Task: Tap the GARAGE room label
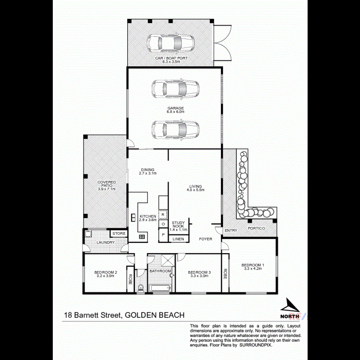(x=175, y=108)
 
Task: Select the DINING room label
(x=147, y=170)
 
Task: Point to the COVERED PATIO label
(x=107, y=182)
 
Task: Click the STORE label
(x=119, y=234)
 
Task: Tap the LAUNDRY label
(x=106, y=242)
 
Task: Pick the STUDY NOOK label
(x=178, y=224)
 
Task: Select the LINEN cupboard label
(x=178, y=239)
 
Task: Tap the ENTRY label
(x=231, y=230)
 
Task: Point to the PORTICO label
(x=256, y=228)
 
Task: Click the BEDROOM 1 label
(x=252, y=265)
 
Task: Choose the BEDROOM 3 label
(x=199, y=273)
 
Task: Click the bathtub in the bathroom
(x=160, y=288)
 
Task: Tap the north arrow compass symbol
(x=290, y=307)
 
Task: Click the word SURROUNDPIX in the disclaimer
(x=256, y=344)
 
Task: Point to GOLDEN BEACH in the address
(x=155, y=315)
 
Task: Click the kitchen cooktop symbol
(x=142, y=237)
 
